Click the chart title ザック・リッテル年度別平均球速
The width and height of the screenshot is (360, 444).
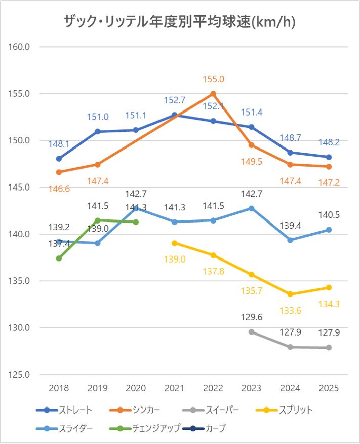pos(180,21)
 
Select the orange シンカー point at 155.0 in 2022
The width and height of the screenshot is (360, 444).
pos(213,94)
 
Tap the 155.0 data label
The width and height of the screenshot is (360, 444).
pos(213,79)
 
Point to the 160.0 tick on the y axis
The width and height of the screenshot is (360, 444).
pos(21,47)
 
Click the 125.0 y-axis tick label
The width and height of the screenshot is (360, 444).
pos(21,375)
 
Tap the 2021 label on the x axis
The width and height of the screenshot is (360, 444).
pos(174,388)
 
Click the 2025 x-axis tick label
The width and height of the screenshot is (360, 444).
pos(329,388)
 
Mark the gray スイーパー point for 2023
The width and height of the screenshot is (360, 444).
pos(252,331)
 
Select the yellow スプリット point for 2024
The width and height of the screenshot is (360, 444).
pos(290,294)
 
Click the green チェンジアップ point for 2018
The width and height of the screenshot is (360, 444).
pos(59,258)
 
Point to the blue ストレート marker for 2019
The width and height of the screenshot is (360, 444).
pos(97,132)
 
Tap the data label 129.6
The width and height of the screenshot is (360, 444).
pos(252,317)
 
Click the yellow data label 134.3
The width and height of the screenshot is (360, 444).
pos(329,304)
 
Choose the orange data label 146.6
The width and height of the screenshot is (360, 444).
pos(59,189)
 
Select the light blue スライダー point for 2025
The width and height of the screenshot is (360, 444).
pos(329,230)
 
